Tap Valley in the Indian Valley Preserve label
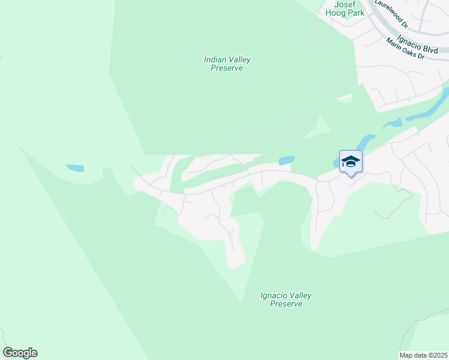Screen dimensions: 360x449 click(x=239, y=59)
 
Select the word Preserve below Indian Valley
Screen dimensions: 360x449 click(x=227, y=68)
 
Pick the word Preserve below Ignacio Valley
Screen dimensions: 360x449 click(x=286, y=304)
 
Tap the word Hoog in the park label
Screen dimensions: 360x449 click(x=334, y=13)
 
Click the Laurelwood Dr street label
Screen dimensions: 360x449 click(x=391, y=13)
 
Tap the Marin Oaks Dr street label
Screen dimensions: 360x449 click(x=405, y=49)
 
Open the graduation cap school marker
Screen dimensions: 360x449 click(x=351, y=161)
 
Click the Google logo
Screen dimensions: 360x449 click(x=20, y=353)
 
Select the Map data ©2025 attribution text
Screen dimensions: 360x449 click(x=423, y=355)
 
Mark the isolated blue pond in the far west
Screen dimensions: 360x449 click(x=74, y=168)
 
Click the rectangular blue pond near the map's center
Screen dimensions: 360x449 click(x=287, y=160)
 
